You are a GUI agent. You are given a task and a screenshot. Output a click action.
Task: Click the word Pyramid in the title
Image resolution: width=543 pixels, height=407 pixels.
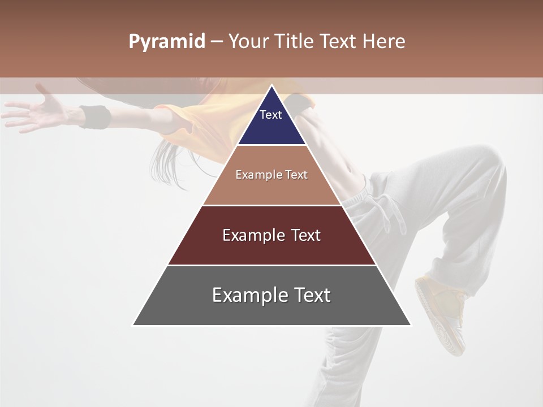pos(166,42)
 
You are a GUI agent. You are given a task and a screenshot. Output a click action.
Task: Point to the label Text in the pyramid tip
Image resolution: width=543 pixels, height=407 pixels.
pos(271,115)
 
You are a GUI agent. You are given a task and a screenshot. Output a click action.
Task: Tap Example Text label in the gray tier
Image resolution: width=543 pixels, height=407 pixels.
pos(271,295)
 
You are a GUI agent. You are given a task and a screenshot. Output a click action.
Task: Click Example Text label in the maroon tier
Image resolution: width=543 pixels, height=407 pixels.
pos(271,235)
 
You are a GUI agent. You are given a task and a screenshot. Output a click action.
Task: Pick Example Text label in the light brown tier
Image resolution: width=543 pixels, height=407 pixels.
pos(271,175)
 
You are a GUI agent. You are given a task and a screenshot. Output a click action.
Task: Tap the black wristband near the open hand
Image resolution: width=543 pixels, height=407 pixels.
pos(94,117)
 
